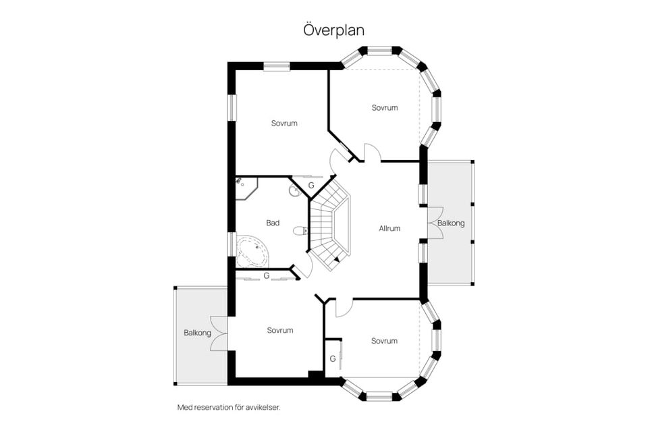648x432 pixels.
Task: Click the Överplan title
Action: point(334,30)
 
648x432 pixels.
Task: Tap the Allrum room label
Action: point(389,228)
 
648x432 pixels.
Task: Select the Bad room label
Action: point(273,223)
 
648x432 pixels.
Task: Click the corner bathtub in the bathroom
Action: point(252,251)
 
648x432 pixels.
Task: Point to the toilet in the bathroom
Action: point(300,231)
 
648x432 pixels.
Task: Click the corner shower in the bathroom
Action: point(246,188)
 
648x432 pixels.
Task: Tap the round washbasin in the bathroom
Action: point(295,190)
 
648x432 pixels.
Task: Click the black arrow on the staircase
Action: point(337,259)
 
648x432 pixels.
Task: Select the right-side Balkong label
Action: point(451,223)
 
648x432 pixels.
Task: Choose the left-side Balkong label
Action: point(197,333)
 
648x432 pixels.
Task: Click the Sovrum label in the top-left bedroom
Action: point(284,124)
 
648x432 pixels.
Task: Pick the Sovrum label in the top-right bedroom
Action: point(385,107)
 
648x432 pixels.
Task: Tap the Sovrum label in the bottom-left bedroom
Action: point(279,330)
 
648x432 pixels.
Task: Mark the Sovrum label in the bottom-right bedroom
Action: point(384,341)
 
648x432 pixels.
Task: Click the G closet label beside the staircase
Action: point(311,185)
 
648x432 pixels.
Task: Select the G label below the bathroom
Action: point(267,275)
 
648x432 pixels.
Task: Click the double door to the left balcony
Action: point(219,333)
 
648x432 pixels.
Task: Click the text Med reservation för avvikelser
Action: point(229,407)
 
